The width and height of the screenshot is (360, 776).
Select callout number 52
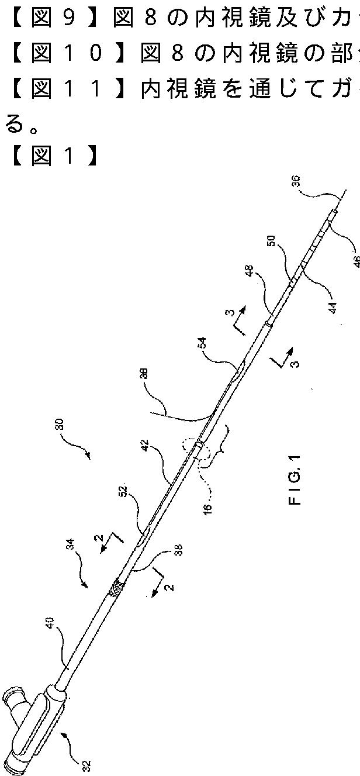123,500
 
